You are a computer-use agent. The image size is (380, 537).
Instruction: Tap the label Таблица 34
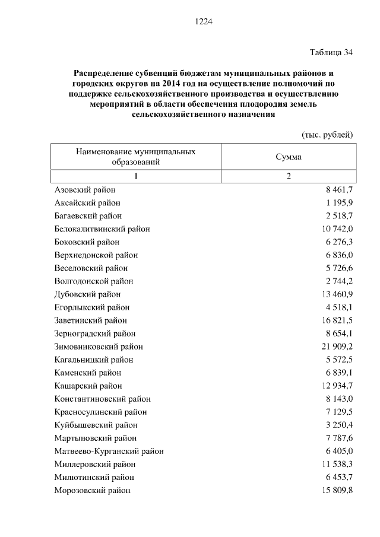click(332, 52)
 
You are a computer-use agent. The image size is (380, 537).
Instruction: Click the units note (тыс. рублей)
click(328, 134)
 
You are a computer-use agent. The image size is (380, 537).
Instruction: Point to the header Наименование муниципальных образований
click(136, 157)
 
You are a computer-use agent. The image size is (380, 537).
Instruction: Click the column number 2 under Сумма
click(289, 176)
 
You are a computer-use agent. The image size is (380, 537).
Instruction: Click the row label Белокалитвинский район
click(102, 229)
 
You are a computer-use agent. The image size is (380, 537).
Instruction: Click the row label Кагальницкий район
click(93, 360)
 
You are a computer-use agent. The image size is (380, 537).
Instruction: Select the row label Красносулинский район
click(100, 412)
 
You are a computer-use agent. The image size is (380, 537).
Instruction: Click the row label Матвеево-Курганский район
click(109, 451)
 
